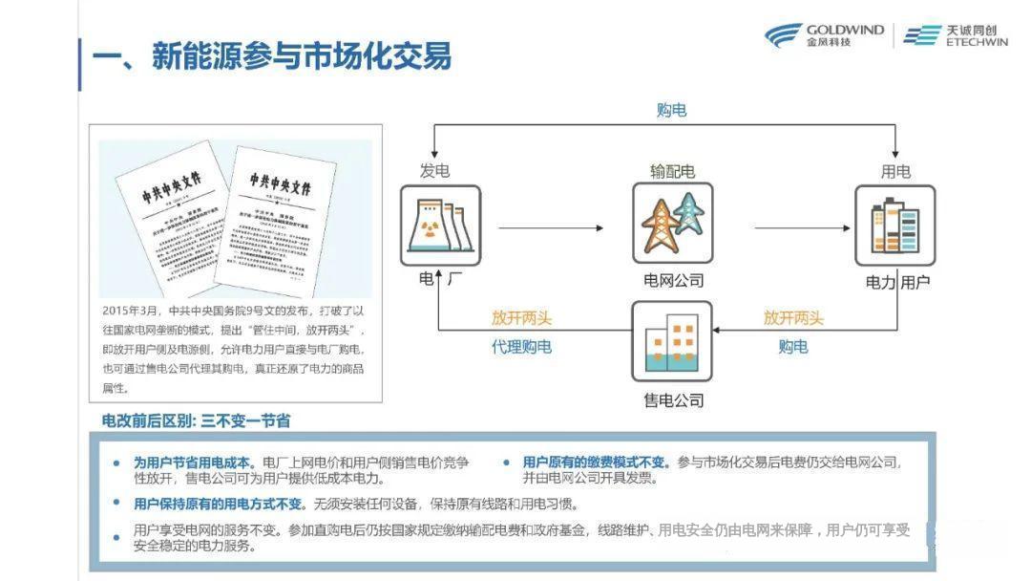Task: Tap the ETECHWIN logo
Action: [x=955, y=36]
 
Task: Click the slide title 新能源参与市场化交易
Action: [x=271, y=56]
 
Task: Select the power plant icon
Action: [x=440, y=226]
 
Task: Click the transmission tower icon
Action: [x=672, y=223]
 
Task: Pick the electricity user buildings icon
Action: [x=894, y=226]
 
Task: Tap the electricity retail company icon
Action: [x=672, y=341]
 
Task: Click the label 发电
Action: [x=434, y=171]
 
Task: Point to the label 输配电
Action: [x=672, y=171]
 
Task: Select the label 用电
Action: [x=894, y=171]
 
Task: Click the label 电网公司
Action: [x=673, y=281]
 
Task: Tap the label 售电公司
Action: [x=673, y=399]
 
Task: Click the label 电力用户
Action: [x=897, y=282]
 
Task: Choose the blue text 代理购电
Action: [x=521, y=347]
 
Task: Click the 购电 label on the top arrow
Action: [x=671, y=110]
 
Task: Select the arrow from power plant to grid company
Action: [x=551, y=227]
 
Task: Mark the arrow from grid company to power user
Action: [x=802, y=227]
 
